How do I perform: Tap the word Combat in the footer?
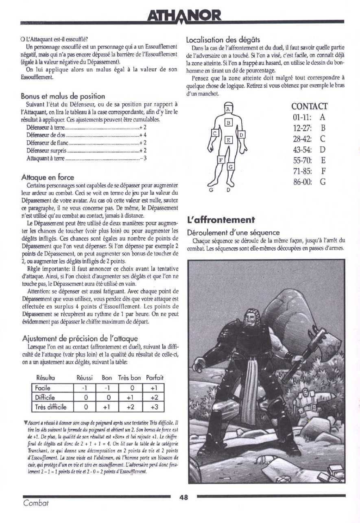[36, 503]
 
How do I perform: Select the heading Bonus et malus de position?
[63, 96]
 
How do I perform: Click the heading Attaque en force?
[48, 177]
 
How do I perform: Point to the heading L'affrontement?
[221, 220]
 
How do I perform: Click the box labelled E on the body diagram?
[229, 140]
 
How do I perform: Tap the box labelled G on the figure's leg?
[230, 167]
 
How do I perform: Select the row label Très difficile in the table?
[51, 406]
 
